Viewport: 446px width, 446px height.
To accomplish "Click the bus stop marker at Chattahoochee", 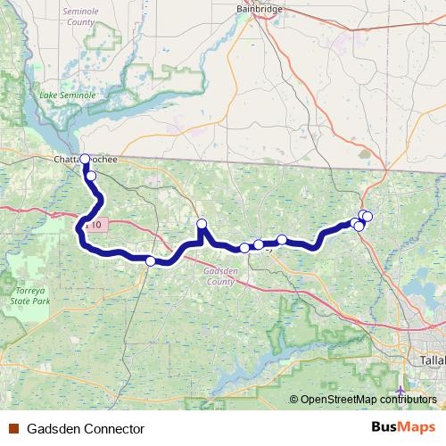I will coord(86,160).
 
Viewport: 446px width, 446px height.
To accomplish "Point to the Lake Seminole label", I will coord(60,95).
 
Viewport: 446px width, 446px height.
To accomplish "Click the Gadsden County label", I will coord(219,276).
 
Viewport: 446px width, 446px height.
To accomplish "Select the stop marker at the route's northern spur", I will coord(202,224).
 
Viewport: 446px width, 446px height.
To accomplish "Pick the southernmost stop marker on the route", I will coord(151,260).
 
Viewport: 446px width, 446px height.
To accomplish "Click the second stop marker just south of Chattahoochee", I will coord(91,176).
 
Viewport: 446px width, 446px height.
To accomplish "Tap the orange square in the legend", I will coord(13,429).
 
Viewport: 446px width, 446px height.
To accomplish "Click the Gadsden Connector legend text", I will coord(86,429).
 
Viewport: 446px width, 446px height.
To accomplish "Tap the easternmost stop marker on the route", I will coord(368,217).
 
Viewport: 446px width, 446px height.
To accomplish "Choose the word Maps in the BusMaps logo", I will coord(415,428).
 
